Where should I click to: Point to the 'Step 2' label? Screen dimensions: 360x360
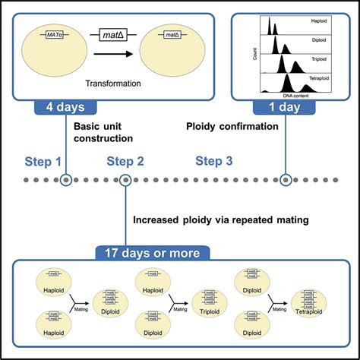[125, 161]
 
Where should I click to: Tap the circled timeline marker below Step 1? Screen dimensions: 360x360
[66, 180]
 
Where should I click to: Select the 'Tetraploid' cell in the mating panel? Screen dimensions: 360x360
[317, 300]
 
